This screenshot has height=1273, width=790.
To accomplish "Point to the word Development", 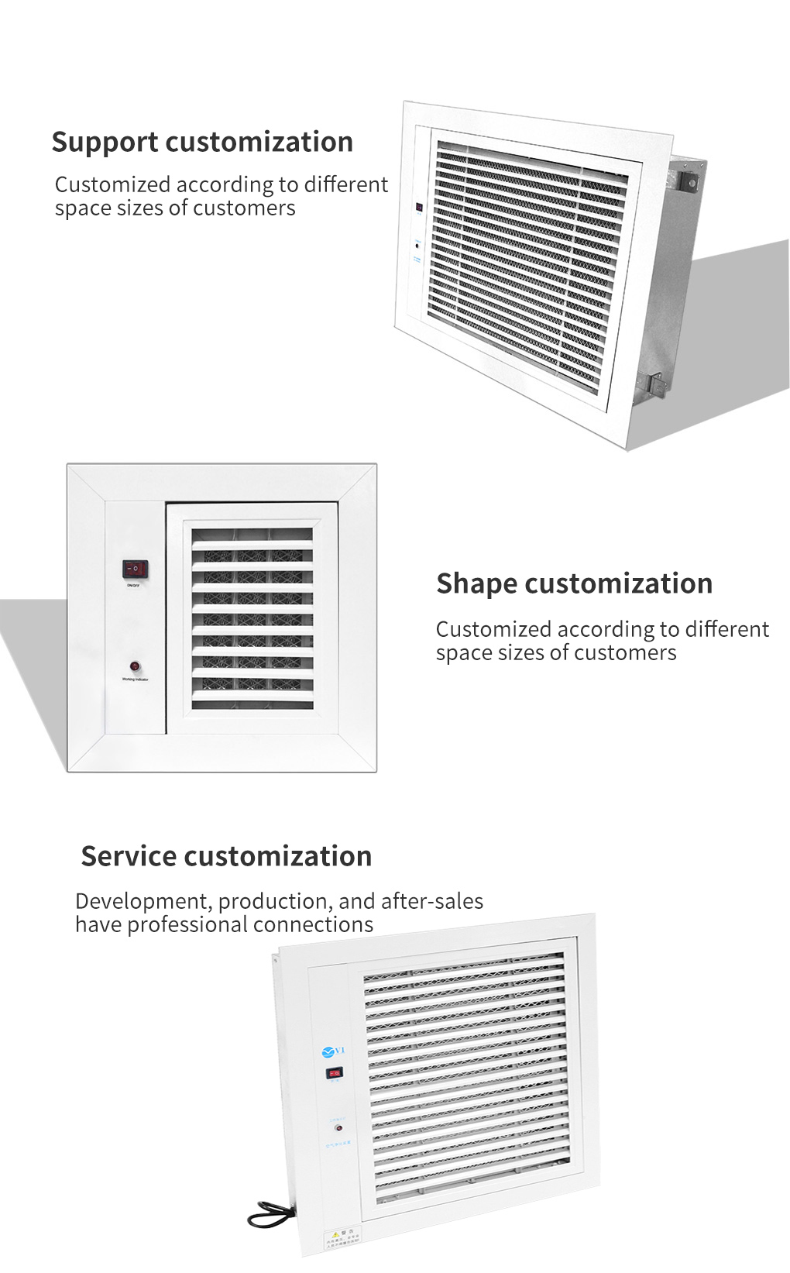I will pos(143,901).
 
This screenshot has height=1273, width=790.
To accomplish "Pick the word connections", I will pos(325,924).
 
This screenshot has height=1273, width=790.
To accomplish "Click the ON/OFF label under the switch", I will pos(133,585).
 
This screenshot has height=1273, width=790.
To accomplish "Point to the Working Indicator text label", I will pos(135,680).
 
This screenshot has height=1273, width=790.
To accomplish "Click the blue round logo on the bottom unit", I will pos(328,1051).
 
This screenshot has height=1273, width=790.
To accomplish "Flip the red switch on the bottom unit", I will pos(335,1073).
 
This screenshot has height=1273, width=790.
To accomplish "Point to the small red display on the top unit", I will pos(419,208).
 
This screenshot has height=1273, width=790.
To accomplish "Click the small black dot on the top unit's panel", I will pos(417,246).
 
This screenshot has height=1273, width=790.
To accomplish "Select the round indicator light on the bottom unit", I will pos(338,1128).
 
